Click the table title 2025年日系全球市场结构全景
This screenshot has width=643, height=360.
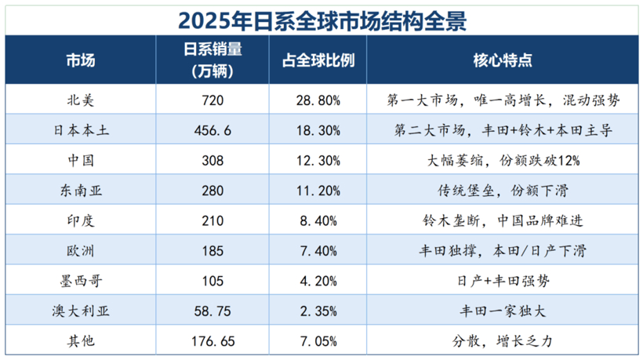coord(321,18)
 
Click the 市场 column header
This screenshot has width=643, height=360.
coord(82,60)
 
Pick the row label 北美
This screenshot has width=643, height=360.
coord(82,100)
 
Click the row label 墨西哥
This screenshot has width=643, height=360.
coord(82,281)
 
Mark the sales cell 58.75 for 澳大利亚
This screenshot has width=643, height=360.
coord(213,311)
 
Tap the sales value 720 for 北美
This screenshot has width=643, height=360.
coord(213,100)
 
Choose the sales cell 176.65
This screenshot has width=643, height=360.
coord(213,340)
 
